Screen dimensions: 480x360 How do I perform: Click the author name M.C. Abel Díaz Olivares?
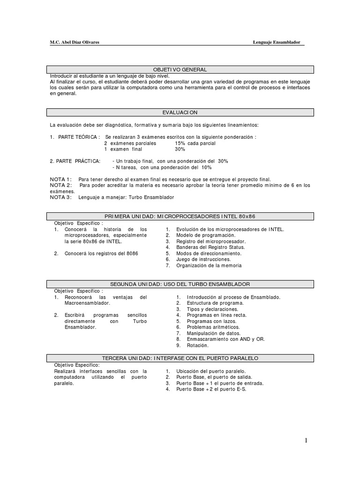[75, 42]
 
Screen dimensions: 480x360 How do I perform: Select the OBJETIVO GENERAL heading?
[180, 69]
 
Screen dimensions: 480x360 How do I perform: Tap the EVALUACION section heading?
[180, 112]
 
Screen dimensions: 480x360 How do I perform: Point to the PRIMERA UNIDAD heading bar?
[180, 216]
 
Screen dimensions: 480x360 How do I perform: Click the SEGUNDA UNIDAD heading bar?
[180, 284]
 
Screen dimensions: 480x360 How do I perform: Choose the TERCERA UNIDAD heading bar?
[180, 358]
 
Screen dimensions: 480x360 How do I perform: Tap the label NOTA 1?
[60, 180]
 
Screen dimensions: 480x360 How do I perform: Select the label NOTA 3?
[60, 197]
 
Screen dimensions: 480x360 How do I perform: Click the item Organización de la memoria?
[209, 265]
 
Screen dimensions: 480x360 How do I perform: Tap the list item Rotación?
[197, 345]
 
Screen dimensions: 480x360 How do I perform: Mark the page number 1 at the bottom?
[306, 440]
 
